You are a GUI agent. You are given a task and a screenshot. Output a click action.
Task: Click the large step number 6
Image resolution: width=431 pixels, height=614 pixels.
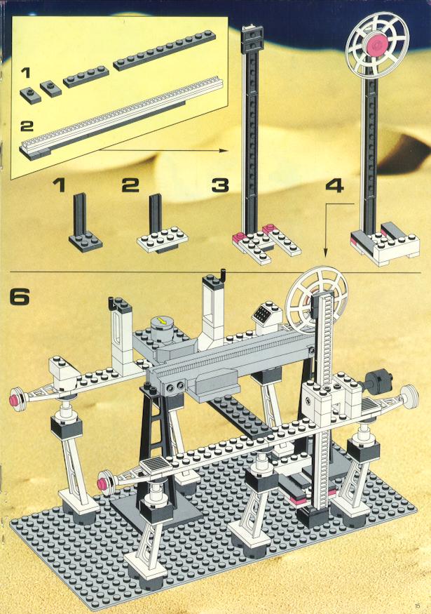tap(20, 297)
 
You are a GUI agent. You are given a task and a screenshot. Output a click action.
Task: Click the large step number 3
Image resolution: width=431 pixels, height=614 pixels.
tap(220, 185)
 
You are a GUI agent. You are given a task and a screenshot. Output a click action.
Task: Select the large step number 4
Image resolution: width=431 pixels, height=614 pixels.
tap(334, 185)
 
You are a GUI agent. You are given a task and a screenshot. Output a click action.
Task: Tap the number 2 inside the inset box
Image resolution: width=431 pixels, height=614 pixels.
tap(27, 126)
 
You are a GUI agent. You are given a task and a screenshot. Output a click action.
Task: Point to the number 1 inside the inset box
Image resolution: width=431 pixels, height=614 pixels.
tap(26, 72)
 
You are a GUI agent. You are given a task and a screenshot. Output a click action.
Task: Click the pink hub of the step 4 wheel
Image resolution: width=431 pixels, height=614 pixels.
tap(377, 45)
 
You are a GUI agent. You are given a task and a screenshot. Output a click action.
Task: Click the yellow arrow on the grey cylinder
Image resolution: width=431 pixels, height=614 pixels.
tap(160, 321)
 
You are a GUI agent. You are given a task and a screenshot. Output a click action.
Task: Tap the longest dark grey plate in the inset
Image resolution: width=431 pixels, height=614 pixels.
tap(165, 51)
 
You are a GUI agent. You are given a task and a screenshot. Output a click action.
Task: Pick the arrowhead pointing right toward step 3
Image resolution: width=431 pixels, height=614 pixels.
tap(223, 150)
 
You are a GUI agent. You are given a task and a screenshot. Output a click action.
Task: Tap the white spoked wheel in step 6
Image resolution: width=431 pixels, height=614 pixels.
tap(316, 301)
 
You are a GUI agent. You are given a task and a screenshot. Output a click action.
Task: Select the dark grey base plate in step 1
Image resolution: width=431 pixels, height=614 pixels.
tap(85, 240)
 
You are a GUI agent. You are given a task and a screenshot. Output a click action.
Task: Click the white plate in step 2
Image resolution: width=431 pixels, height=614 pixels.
tap(163, 239)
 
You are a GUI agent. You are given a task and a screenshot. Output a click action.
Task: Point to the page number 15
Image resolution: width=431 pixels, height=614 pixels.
tap(417, 605)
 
